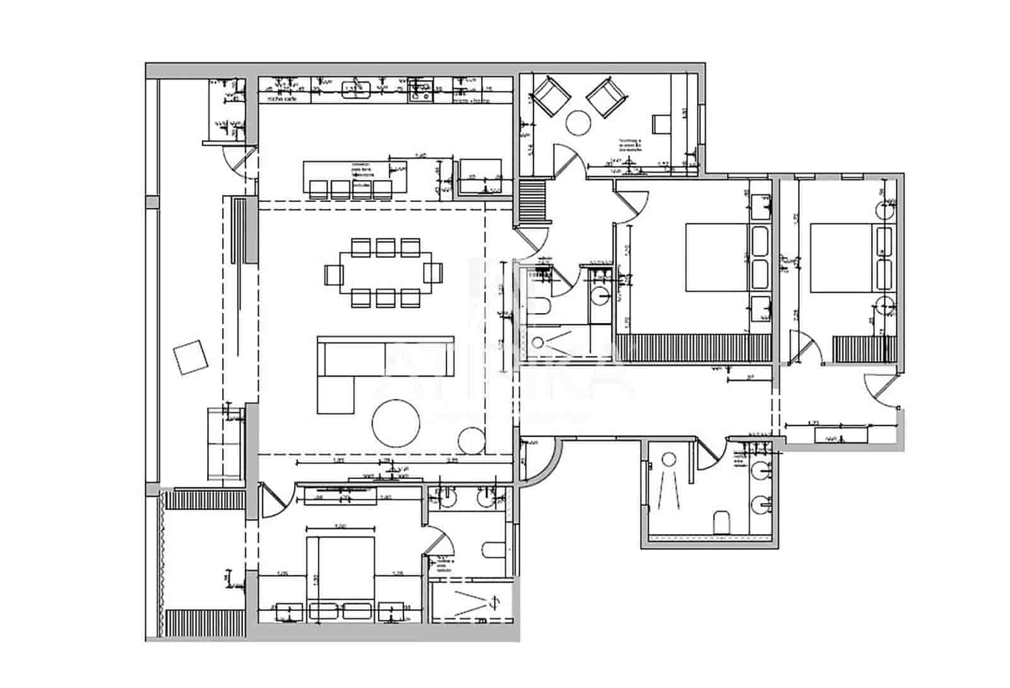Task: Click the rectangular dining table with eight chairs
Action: (386, 273)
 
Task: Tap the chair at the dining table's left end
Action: (334, 274)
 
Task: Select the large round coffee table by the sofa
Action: (396, 423)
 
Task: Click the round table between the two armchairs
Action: (578, 122)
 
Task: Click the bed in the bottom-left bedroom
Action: (341, 568)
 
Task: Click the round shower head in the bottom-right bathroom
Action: (670, 459)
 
